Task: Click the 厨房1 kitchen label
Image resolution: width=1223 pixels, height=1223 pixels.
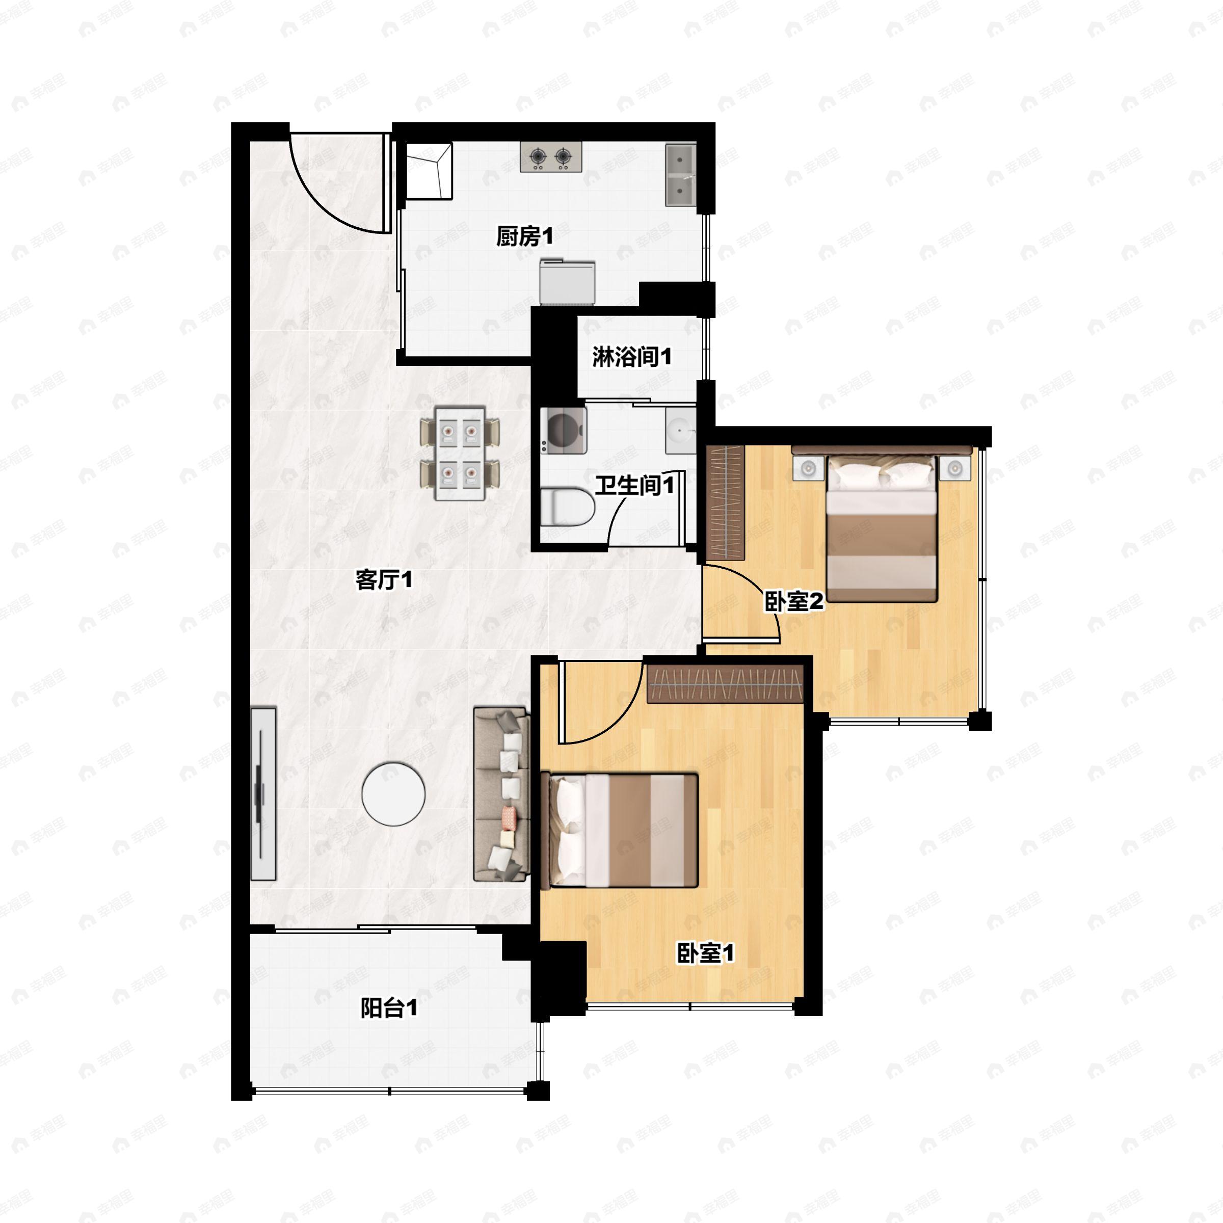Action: click(524, 237)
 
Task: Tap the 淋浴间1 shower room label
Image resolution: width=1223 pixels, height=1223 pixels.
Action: click(632, 357)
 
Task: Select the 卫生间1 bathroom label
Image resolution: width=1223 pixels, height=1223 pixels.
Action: click(634, 486)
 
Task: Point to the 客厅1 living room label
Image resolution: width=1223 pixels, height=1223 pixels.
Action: click(384, 579)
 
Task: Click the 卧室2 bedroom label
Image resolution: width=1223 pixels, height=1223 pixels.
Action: click(794, 601)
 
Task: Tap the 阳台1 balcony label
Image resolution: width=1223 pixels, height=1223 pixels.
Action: click(389, 1008)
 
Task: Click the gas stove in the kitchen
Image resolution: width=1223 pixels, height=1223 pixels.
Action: click(551, 157)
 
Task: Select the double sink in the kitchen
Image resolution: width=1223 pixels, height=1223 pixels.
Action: click(680, 175)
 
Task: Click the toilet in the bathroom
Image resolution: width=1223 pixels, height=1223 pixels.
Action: click(568, 506)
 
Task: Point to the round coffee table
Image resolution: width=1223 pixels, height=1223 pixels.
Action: click(393, 794)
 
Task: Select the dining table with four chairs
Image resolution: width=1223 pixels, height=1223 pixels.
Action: click(460, 453)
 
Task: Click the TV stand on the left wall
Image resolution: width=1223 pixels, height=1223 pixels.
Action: click(263, 794)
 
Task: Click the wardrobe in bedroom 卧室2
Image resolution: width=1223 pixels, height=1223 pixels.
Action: click(726, 503)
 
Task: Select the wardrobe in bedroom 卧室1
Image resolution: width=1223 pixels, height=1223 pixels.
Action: click(725, 684)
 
